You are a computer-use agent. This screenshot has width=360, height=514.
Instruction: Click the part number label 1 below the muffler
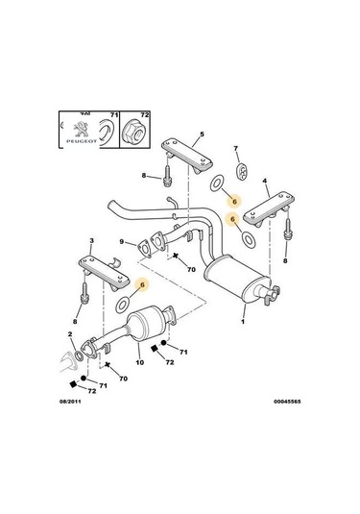point(243,321)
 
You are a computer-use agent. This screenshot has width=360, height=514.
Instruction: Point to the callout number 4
point(266,181)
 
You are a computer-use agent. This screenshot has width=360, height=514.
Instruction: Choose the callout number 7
point(235,150)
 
